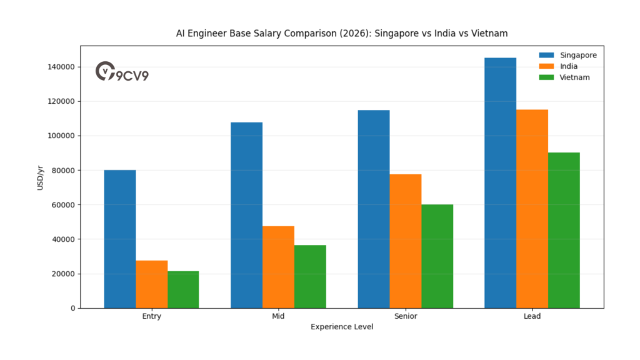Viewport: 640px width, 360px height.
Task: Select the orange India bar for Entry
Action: (152, 284)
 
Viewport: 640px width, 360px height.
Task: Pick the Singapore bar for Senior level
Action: (374, 209)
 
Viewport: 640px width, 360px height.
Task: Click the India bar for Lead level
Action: (532, 209)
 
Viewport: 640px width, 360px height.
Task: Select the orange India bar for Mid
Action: (279, 267)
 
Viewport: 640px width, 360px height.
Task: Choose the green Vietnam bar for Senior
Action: (437, 256)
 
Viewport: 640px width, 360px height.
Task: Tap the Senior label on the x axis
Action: (406, 316)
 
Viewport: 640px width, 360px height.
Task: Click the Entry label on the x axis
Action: (152, 316)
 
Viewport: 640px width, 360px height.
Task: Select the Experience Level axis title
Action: (342, 327)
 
